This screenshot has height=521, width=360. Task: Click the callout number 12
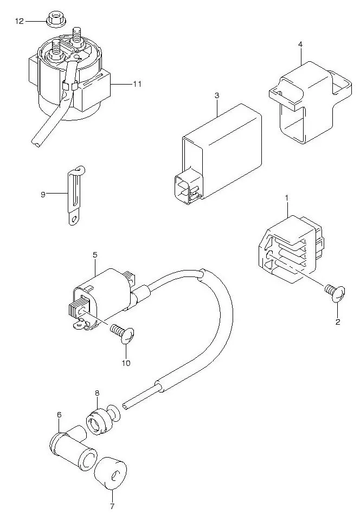(19, 21)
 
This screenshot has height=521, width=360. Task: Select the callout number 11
(137, 84)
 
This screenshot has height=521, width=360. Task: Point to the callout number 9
(43, 193)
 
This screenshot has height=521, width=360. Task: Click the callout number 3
(216, 96)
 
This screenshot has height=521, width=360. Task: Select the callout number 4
(300, 44)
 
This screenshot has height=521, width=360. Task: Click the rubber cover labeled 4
(306, 103)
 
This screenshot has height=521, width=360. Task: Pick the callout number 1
(286, 200)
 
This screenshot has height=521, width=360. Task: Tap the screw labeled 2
(334, 293)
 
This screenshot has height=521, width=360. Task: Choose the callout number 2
(337, 322)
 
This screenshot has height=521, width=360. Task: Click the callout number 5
(94, 254)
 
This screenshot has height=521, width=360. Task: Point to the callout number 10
(125, 363)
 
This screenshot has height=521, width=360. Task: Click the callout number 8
(97, 392)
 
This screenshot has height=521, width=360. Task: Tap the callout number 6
(59, 415)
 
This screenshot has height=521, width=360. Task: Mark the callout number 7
(112, 506)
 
